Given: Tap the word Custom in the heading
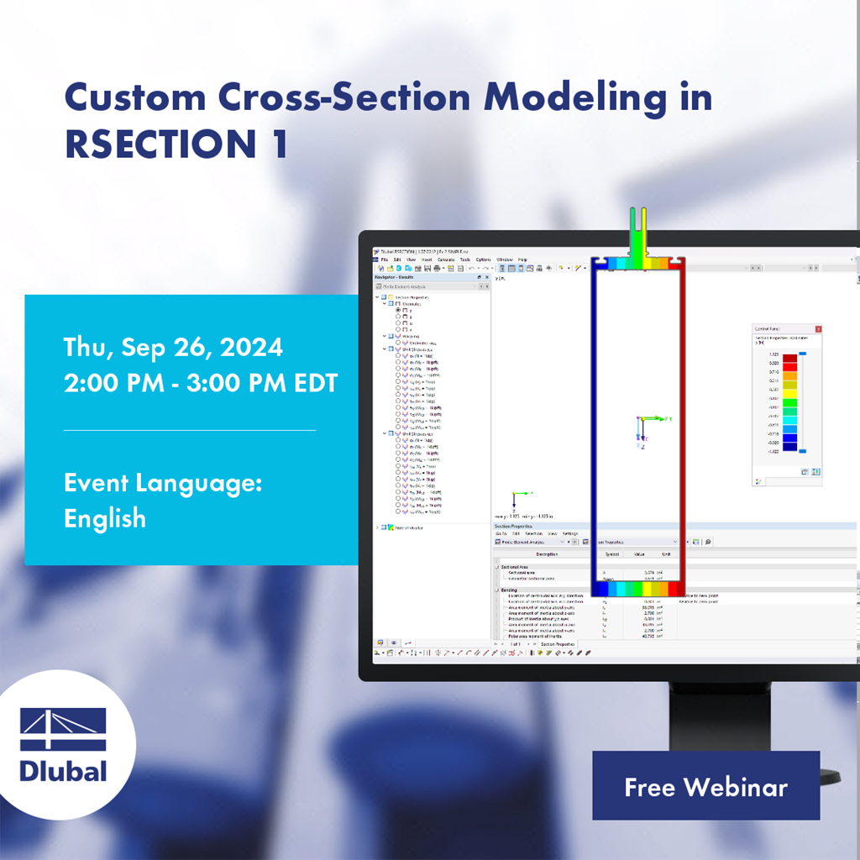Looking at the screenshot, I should pos(134,98).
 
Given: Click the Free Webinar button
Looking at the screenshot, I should pos(705,786).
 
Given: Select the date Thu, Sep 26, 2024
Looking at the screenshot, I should pos(173,347).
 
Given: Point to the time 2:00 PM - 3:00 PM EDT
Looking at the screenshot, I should pos(201,383).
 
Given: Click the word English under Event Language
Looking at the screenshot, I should pos(105,518).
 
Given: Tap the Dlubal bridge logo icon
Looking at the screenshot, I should pos(63,729).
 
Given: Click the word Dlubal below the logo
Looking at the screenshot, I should pos(63,770).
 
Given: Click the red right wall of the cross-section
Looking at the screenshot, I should pos(681,420).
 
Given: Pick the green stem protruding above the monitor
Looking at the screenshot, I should pos(638,231).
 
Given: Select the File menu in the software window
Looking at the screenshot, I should pos(385,260).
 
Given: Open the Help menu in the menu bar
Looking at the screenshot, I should pos(522,260).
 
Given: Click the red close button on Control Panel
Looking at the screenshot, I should pos(818,329).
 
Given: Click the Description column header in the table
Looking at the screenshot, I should pos(547,554).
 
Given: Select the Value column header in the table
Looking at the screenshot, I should pos(639,554).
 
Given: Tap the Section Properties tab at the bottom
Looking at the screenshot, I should pos(558,644).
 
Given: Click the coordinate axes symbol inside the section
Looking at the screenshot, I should pos(642,424).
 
